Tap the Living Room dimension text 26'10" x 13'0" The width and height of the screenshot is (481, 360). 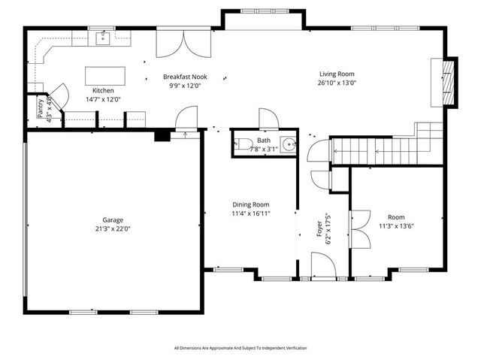336,83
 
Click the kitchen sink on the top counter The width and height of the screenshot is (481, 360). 104,38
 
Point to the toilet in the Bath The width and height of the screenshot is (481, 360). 243,145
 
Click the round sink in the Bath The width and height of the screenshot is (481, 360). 289,144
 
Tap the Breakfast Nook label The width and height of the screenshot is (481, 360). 185,77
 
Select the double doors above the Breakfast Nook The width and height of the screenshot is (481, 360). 179,44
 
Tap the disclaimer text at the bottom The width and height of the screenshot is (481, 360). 240,348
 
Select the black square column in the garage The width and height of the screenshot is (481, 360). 162,136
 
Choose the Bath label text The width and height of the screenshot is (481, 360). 263,140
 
